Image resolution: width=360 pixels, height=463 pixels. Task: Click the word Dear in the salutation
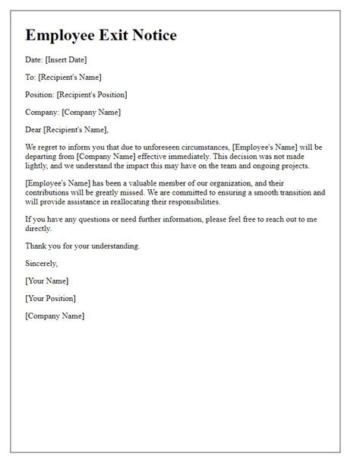(35, 129)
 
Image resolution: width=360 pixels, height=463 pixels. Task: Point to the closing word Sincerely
(41, 263)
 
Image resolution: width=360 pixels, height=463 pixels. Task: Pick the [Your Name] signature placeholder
(47, 281)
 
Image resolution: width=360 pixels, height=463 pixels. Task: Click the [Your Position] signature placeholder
(51, 298)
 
